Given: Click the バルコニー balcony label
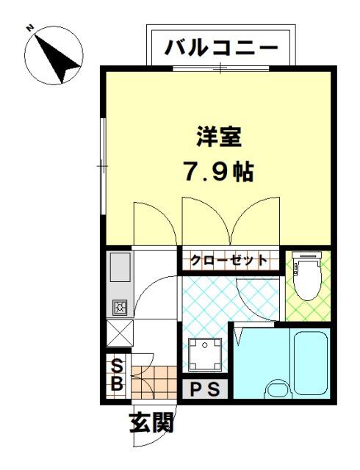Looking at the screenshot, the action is pos(221,48).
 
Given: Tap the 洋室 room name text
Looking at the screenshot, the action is pos(219,137).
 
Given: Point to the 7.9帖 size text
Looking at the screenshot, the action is pos(219,172).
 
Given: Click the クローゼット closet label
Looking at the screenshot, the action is pos(229,259).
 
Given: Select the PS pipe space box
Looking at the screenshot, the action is pos(206,389).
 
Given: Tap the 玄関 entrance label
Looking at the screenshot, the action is pos(152,422).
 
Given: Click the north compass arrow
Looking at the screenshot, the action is pos(57,58).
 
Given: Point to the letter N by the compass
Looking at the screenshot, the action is pos(29,28).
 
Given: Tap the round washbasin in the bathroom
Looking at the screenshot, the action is pos(278,389).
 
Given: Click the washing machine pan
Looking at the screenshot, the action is pos(205,354).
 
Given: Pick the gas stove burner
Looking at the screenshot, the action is pos(120,307).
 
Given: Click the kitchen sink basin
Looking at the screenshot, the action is pos(120,267).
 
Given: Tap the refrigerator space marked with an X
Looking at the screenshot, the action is pos(120,333).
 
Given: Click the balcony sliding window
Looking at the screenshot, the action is pos(221,68).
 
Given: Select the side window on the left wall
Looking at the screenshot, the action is pos(103,166).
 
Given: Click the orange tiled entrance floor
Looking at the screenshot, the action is pos(154,382).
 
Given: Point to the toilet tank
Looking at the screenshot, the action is pos(306,256).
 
